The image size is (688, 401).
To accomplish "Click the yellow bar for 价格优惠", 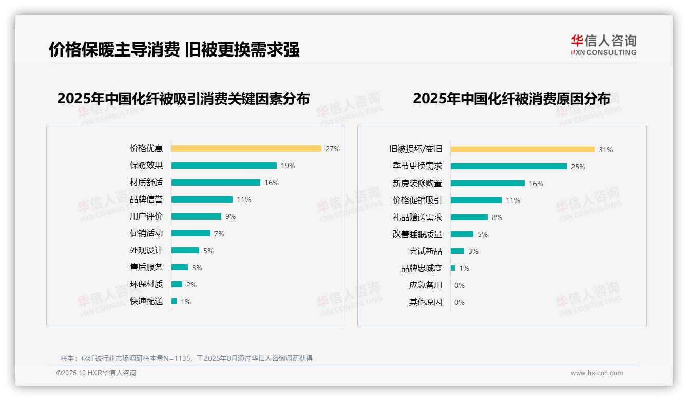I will pyautogui.click(x=246, y=149).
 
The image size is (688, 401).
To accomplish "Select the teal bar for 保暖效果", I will pyautogui.click(x=224, y=166).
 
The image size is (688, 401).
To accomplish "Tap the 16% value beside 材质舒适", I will pyautogui.click(x=272, y=183).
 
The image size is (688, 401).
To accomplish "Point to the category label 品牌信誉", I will pyautogui.click(x=146, y=199).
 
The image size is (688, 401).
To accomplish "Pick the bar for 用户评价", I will pyautogui.click(x=196, y=216).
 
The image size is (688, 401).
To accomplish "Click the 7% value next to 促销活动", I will pyautogui.click(x=219, y=234).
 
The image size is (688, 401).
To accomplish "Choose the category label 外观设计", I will pyautogui.click(x=146, y=250).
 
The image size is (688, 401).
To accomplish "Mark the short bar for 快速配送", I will pyautogui.click(x=174, y=301).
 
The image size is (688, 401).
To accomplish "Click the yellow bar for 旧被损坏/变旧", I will pyautogui.click(x=523, y=150).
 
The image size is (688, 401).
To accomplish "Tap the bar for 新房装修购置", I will pyautogui.click(x=488, y=183).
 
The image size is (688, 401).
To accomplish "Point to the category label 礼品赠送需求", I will pyautogui.click(x=417, y=217).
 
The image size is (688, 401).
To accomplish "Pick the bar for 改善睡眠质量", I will pyautogui.click(x=462, y=234).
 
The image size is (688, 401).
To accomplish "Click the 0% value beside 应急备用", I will pyautogui.click(x=460, y=285).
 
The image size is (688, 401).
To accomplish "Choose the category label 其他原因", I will pyautogui.click(x=426, y=302).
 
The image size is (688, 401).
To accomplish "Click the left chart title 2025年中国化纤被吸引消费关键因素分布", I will pyautogui.click(x=183, y=99).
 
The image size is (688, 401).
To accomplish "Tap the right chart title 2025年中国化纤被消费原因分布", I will pyautogui.click(x=511, y=99).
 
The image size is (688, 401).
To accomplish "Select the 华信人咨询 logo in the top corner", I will pyautogui.click(x=604, y=45).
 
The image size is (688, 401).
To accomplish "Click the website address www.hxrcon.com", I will pyautogui.click(x=597, y=373).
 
